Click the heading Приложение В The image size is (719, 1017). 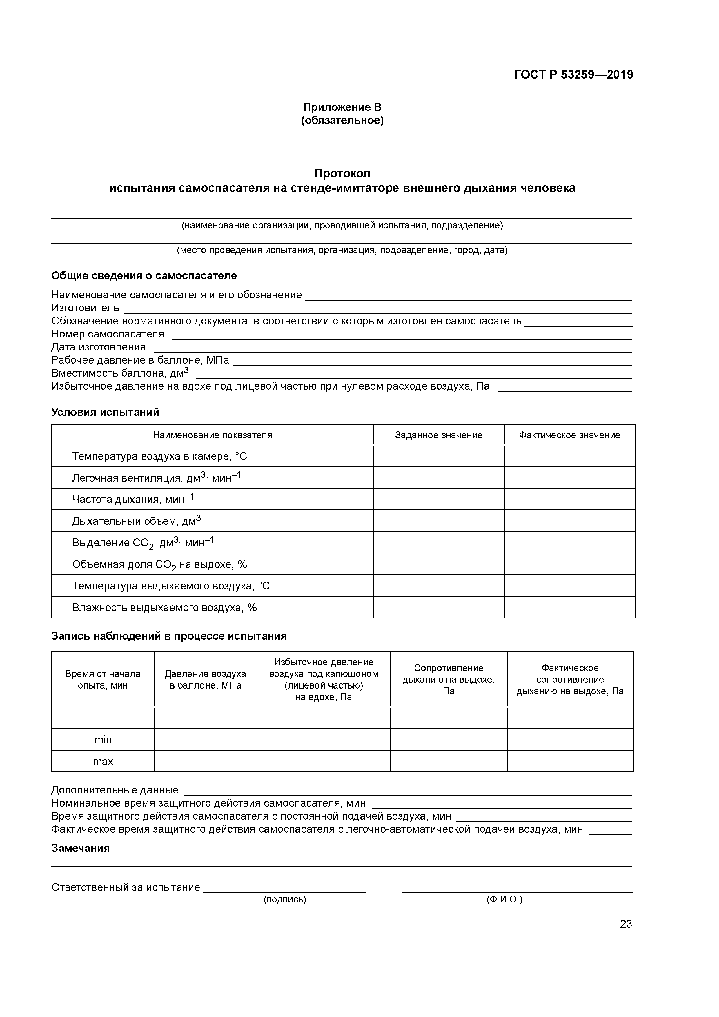pos(342,107)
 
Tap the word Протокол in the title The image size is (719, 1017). pos(342,173)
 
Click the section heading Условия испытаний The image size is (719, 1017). pos(105,412)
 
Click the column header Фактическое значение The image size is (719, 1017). pos(569,435)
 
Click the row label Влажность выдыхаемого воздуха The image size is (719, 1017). pos(164,607)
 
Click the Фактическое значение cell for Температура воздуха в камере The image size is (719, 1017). pos(569,456)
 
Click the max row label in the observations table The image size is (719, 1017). pos(103,761)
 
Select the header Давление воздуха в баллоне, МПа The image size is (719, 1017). pos(205,680)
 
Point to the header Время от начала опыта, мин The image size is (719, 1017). pos(103,680)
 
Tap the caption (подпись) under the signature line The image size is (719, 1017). pos(285,899)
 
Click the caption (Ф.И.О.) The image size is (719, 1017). pos(504,899)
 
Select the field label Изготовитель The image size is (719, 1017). pos(85,308)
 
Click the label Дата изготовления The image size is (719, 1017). pos(98,347)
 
